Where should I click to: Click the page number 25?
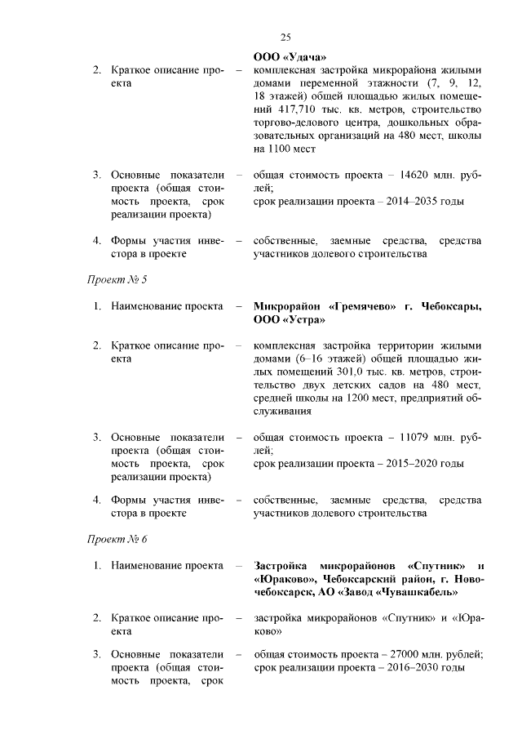[x=285, y=37]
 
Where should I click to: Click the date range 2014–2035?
[x=416, y=201]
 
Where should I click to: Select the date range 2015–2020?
[x=416, y=463]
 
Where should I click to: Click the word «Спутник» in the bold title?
[x=440, y=566]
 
